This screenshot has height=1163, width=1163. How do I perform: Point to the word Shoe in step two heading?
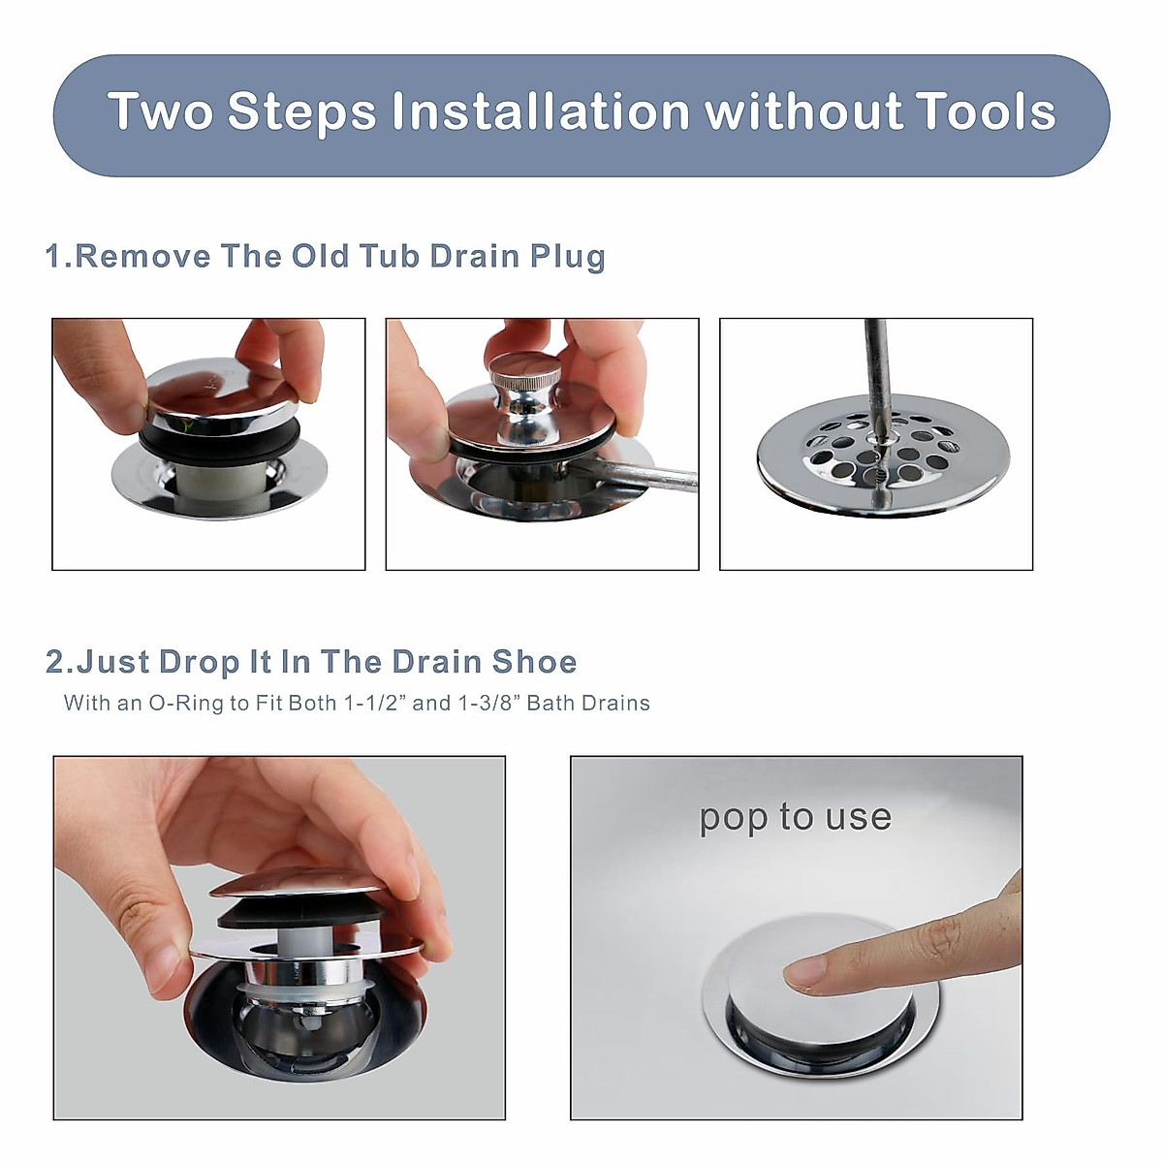[534, 662]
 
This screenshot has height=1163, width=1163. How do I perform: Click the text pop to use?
[795, 817]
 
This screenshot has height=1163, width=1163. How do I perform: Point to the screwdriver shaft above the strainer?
[874, 368]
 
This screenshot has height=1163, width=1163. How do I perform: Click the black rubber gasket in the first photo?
[208, 441]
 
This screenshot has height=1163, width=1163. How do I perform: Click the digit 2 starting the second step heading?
[57, 662]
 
